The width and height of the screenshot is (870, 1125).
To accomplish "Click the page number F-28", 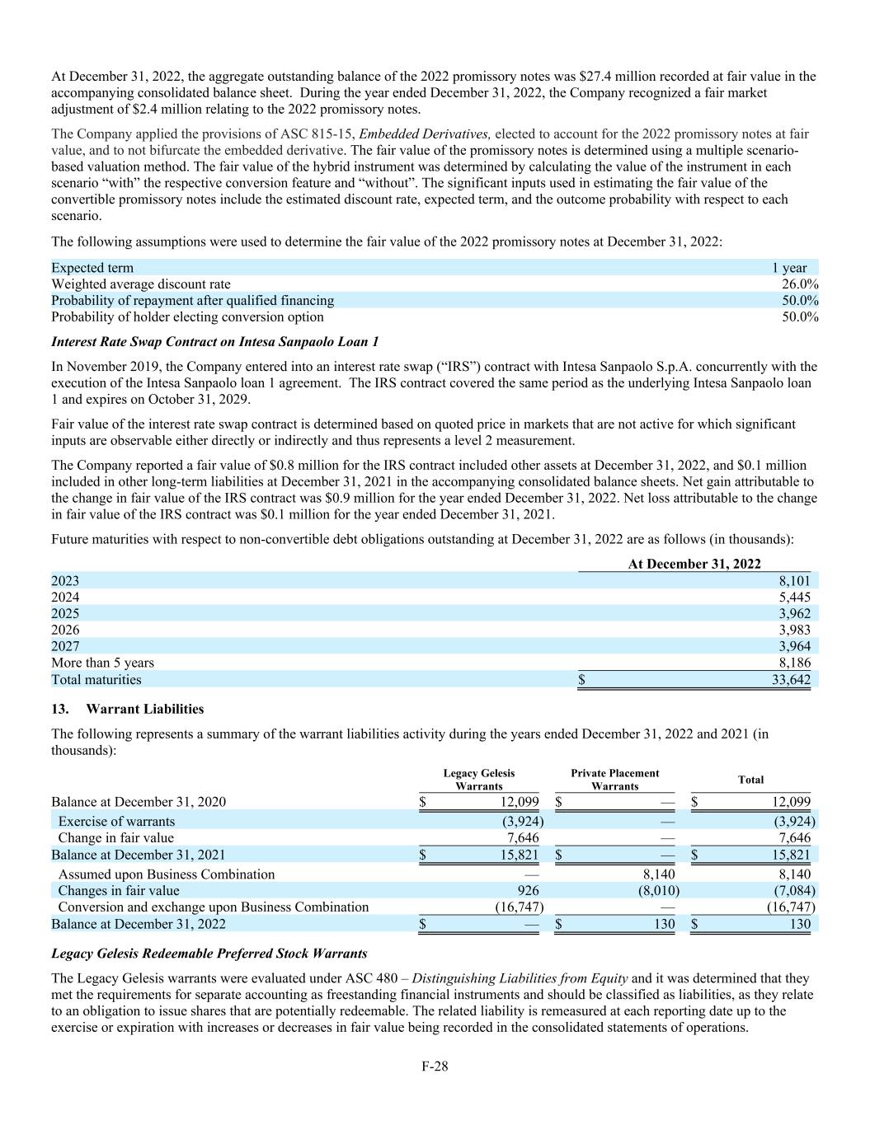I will [435, 1066].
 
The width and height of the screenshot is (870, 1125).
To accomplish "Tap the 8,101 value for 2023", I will [794, 580].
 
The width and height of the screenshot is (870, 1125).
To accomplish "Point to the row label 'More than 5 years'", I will [102, 663].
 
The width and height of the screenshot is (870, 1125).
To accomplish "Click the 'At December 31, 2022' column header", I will [694, 564].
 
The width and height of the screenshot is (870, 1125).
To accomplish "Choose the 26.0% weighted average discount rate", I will [800, 284].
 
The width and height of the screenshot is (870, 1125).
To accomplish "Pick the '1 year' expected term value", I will [789, 268].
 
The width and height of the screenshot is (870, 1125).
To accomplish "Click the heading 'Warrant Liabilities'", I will [144, 709].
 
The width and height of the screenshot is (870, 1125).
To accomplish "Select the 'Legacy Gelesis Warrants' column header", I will [478, 780].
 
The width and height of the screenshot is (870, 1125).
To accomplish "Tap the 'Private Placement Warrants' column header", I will [614, 780].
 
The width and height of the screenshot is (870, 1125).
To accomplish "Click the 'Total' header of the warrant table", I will [750, 780].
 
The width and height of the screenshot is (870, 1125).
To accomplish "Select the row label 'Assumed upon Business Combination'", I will [166, 874].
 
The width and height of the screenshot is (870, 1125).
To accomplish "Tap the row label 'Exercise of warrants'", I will [116, 822].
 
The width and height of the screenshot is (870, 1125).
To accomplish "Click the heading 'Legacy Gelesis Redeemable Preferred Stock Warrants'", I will [209, 954].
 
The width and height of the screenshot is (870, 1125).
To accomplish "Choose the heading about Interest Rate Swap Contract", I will [214, 341].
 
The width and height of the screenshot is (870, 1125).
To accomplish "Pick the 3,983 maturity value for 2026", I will [794, 630].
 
